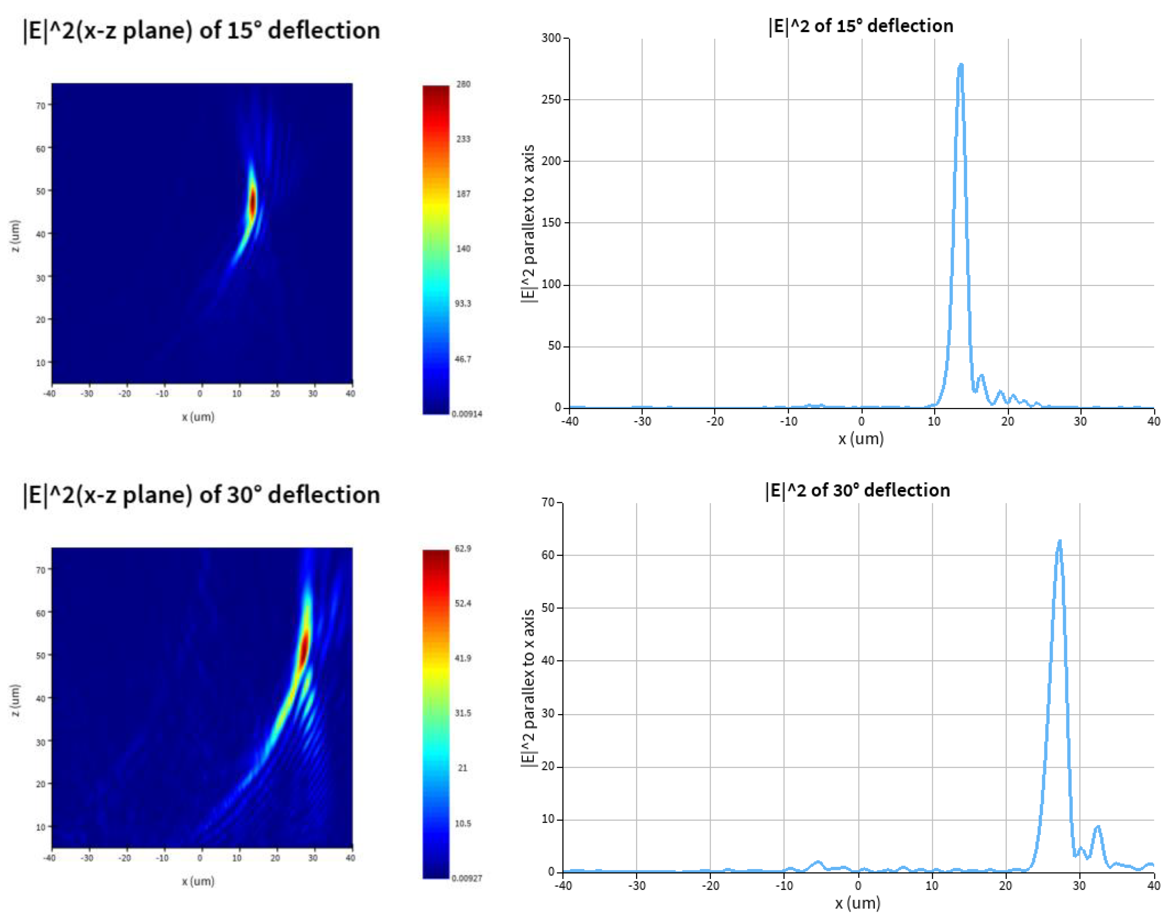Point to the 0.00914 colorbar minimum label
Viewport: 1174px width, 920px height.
[467, 414]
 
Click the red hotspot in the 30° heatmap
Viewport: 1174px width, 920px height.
[305, 647]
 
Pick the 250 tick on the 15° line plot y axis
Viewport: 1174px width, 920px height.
[551, 99]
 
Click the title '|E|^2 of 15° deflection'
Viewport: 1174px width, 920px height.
[860, 26]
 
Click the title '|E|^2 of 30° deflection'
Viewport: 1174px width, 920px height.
[857, 490]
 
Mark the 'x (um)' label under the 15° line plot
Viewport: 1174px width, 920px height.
[861, 439]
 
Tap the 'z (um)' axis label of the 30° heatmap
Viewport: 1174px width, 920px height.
[15, 700]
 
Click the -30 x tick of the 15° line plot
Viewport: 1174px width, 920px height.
[642, 421]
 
